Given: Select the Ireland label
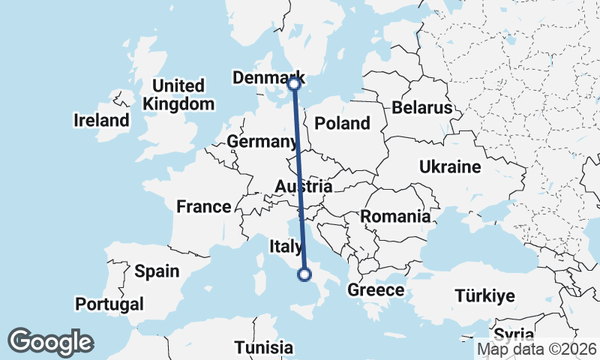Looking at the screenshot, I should (x=101, y=120).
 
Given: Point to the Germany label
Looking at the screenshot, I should (x=262, y=142).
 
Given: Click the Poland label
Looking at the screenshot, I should (x=343, y=123).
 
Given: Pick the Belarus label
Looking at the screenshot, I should (x=421, y=108).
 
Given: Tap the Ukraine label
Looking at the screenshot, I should (x=450, y=166).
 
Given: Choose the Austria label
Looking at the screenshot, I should (x=303, y=186).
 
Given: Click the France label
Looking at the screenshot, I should (x=203, y=206).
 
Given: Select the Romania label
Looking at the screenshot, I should (x=395, y=217).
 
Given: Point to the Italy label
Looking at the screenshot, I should (x=286, y=245).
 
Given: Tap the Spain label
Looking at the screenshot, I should (x=157, y=271).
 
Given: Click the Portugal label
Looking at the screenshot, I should (x=109, y=304).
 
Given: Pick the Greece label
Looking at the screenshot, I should (x=376, y=290).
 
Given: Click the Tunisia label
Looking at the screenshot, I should (x=263, y=347).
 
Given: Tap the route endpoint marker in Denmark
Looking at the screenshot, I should (x=294, y=85).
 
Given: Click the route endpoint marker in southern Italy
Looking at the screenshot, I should (x=304, y=274).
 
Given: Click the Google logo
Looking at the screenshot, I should (x=50, y=342).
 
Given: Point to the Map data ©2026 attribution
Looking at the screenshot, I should (x=537, y=349).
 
